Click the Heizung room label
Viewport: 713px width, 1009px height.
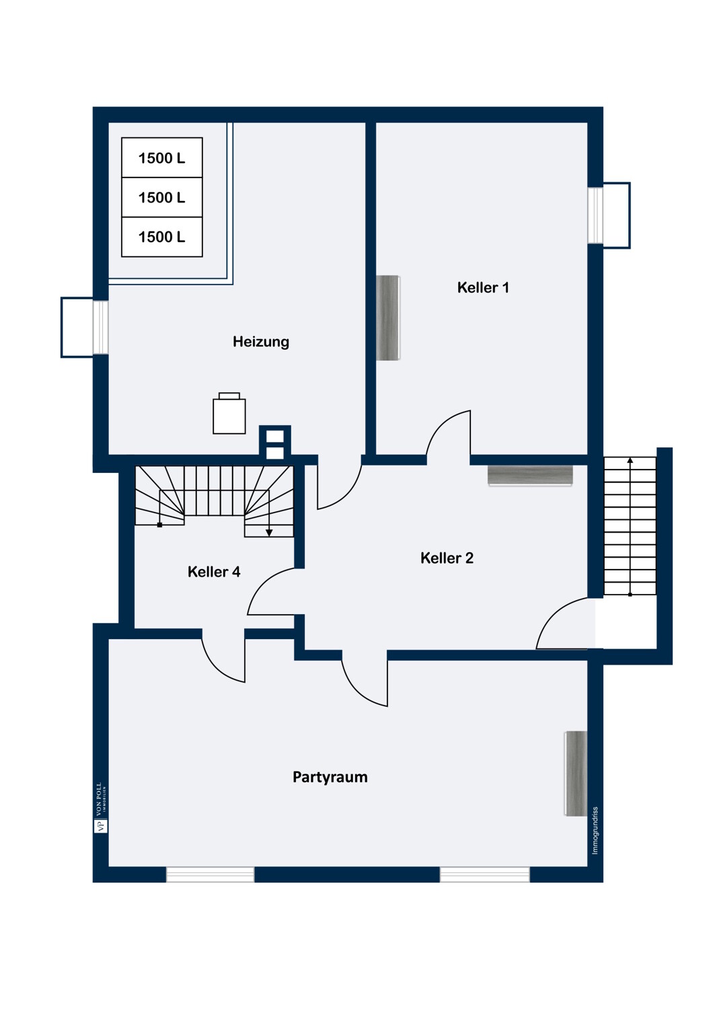[261, 342]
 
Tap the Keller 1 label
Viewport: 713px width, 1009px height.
[483, 287]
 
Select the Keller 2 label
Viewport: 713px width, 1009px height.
[447, 558]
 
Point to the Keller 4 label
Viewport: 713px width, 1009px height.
[214, 572]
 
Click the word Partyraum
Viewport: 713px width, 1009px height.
[330, 777]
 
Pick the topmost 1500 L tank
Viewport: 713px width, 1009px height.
[161, 157]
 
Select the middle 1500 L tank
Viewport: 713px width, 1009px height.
[161, 197]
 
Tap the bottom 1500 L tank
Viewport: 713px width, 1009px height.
[161, 237]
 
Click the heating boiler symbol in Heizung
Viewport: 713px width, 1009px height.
[229, 413]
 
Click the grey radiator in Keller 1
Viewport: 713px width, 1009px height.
[388, 317]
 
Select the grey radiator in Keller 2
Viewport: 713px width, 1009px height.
[530, 475]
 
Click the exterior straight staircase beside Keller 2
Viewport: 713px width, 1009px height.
[630, 525]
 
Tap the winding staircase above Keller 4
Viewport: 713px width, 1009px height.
[215, 500]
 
